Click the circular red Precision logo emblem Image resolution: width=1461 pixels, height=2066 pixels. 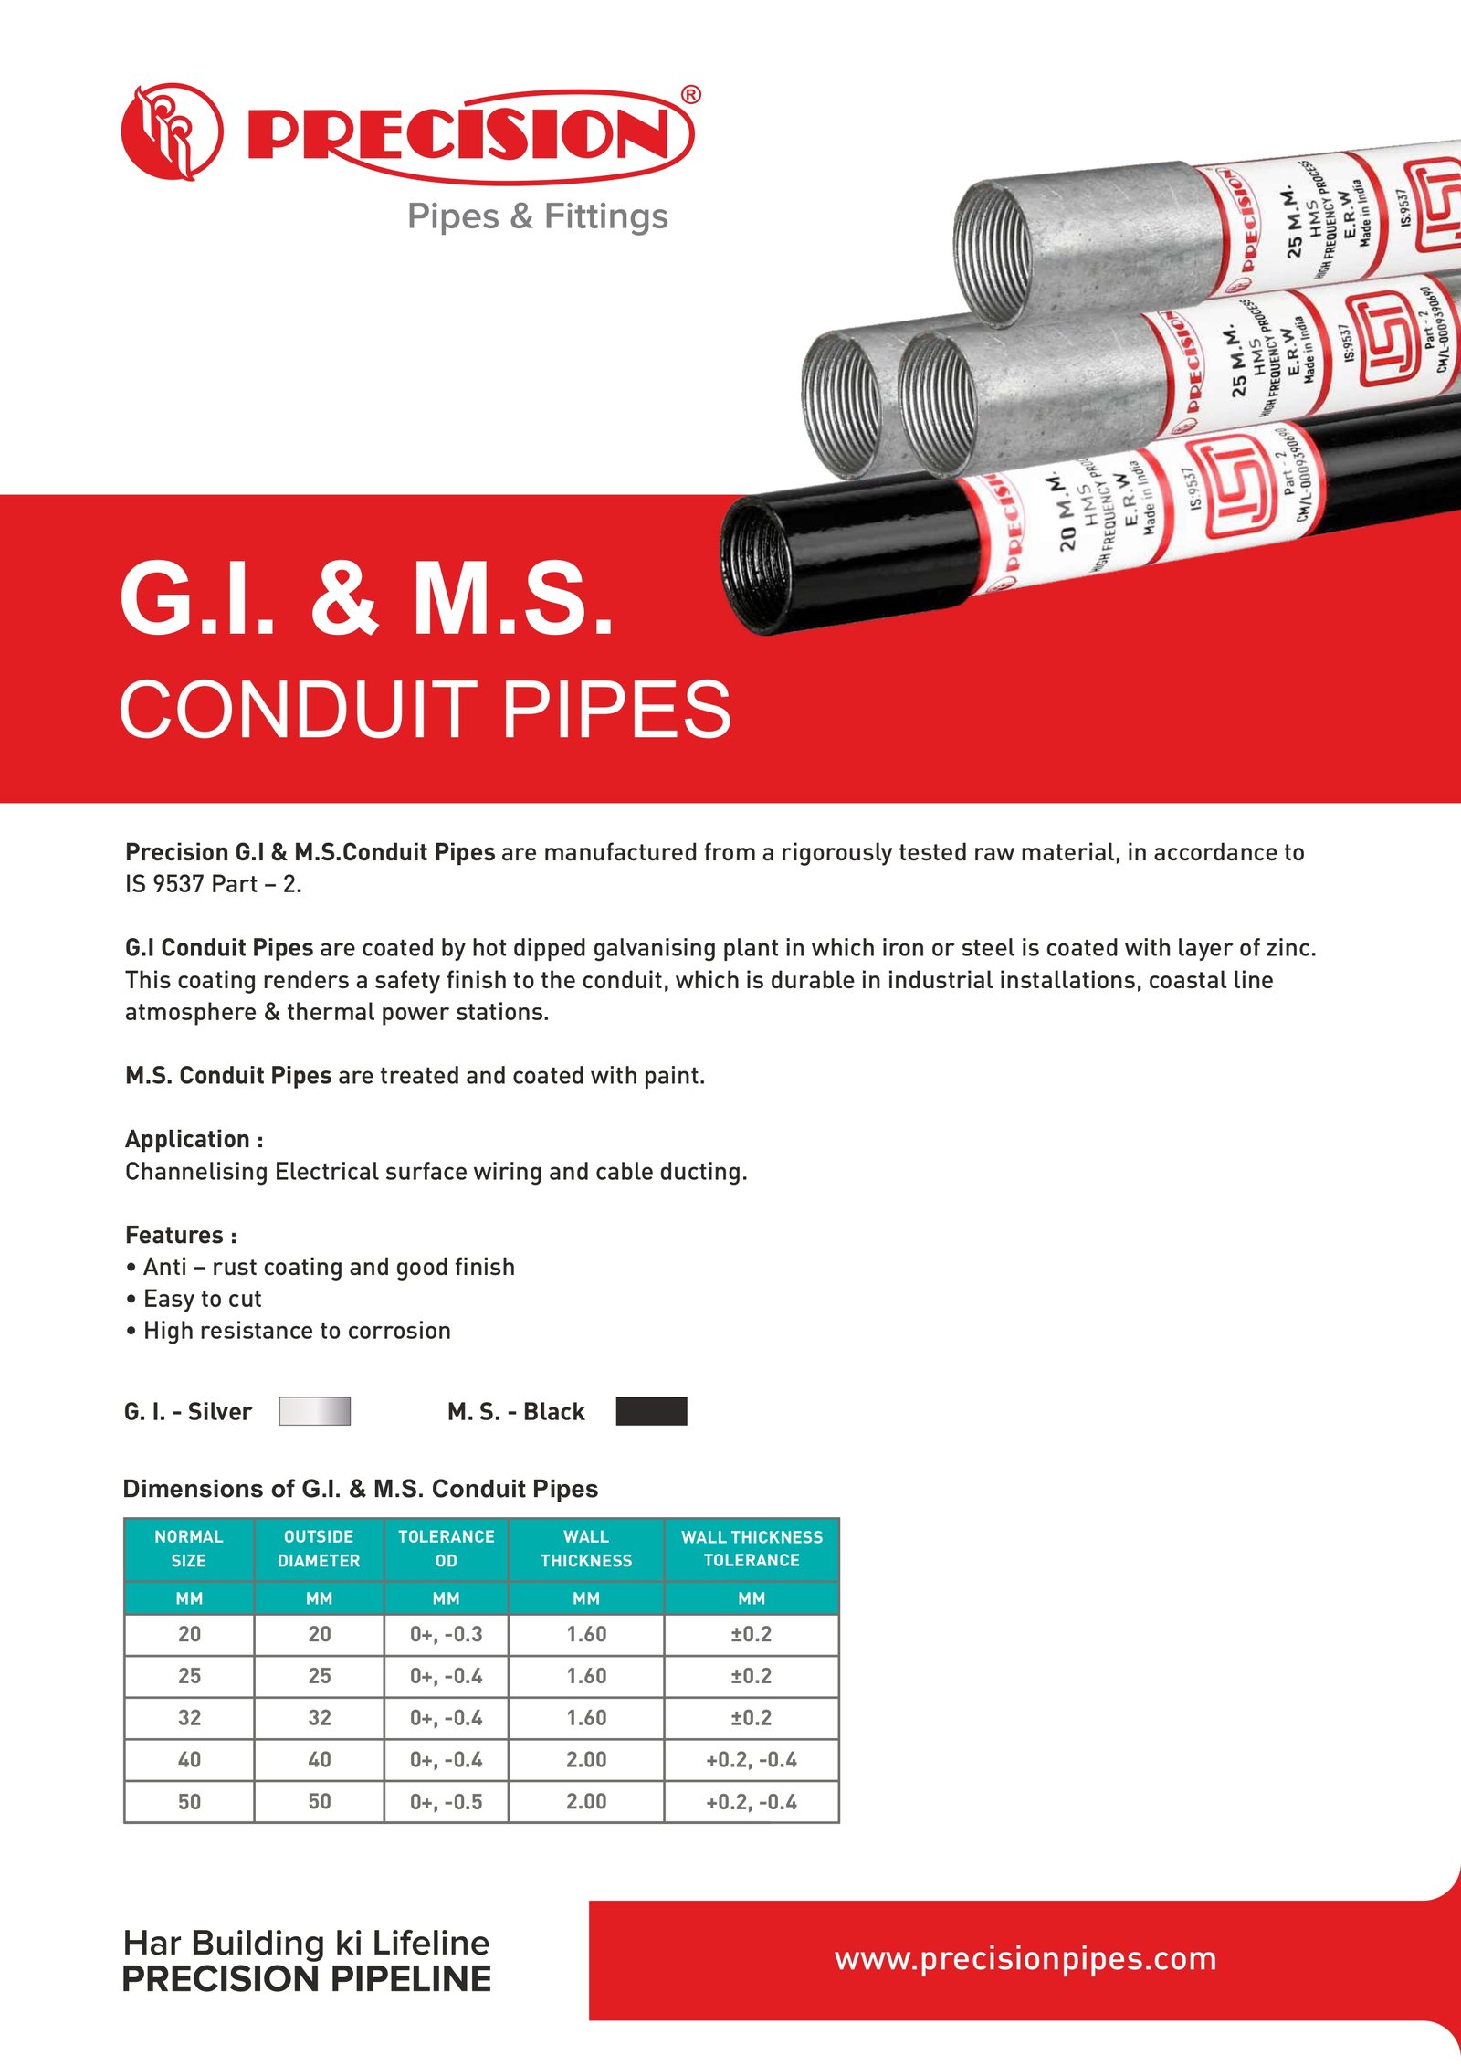click(x=172, y=132)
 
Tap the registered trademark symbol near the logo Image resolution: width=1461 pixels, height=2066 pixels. click(x=691, y=94)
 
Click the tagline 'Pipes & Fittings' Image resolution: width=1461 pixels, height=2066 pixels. click(x=537, y=216)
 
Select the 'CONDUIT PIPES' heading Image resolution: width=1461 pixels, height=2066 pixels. click(x=425, y=710)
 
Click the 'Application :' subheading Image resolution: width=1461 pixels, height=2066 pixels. click(x=194, y=1139)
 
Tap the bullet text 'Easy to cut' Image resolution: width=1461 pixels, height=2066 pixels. click(x=202, y=1299)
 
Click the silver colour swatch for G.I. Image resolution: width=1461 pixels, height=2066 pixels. click(x=314, y=1411)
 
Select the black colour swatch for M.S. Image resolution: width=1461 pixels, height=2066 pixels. click(x=651, y=1411)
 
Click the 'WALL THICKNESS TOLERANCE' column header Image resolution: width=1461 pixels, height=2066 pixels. click(x=752, y=1548)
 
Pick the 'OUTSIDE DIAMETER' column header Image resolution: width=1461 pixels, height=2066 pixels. click(x=319, y=1548)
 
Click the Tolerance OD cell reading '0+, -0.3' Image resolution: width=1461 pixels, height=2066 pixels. click(x=446, y=1634)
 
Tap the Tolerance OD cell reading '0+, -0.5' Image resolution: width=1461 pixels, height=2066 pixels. click(x=446, y=1802)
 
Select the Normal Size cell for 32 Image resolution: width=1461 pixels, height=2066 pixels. click(x=189, y=1718)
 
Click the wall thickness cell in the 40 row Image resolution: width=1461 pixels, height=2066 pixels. click(x=585, y=1760)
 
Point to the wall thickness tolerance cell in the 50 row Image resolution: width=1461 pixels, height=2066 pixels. click(x=752, y=1802)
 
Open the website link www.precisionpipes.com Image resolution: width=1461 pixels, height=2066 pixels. click(x=1025, y=1958)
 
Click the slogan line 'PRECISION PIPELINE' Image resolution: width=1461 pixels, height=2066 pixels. click(x=307, y=1978)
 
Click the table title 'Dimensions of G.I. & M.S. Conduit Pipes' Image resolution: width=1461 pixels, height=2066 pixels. click(x=361, y=1489)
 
